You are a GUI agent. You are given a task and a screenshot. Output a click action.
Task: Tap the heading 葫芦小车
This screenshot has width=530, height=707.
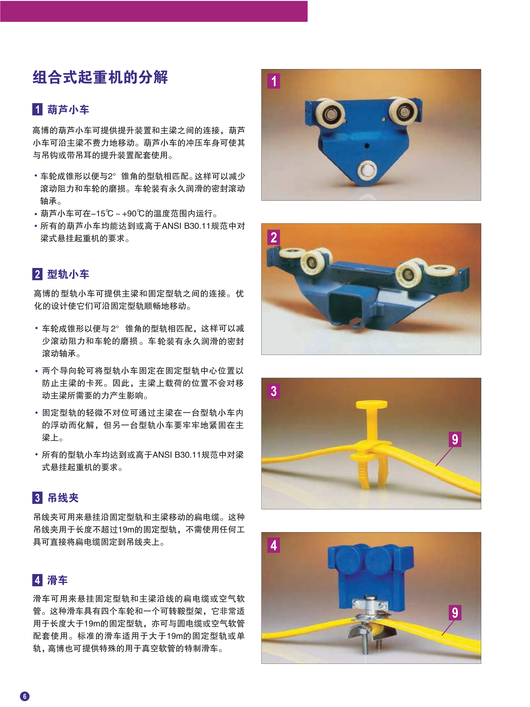coord(68,110)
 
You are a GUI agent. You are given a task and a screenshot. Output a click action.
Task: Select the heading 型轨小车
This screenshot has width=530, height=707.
coord(68,274)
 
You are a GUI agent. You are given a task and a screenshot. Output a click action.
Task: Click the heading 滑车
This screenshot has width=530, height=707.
coord(57,580)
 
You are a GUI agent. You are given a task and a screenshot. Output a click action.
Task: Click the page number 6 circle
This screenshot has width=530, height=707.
coord(25,696)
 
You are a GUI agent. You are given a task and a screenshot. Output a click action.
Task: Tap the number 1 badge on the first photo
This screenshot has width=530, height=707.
coord(274,81)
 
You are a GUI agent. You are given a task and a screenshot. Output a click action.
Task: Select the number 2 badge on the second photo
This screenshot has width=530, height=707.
coord(274,237)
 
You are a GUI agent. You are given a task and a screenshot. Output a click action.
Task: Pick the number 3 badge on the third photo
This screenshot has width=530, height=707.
coord(274,391)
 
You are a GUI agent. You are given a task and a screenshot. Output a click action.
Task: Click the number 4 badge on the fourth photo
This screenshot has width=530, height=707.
coord(274,545)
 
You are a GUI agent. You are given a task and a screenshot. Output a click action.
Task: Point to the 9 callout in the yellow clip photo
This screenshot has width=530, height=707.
coord(455,439)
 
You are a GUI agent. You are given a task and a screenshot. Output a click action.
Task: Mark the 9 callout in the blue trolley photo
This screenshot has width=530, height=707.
coord(455,612)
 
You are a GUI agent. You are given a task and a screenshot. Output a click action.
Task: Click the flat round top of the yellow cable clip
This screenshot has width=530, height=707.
coord(371,404)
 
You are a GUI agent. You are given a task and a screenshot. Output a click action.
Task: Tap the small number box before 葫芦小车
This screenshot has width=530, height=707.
coord(37,109)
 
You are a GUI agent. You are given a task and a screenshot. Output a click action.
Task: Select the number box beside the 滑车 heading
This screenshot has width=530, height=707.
coord(37,580)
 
